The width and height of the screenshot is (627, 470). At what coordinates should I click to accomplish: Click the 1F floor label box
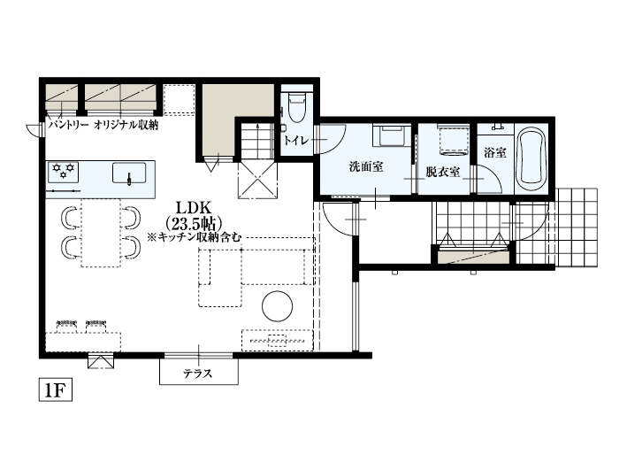[54, 389]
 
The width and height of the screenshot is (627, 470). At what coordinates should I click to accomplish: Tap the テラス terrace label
[197, 374]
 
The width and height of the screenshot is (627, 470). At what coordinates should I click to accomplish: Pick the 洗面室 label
[365, 166]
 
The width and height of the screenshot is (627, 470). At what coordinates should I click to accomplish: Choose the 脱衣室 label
[442, 171]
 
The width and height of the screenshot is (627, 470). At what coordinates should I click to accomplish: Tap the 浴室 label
[495, 152]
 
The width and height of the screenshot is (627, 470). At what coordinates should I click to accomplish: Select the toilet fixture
[295, 107]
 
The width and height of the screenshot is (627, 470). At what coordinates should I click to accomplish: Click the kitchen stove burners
[64, 169]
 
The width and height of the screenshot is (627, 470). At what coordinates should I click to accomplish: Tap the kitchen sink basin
[130, 172]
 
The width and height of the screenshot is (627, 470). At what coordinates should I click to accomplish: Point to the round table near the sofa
[278, 305]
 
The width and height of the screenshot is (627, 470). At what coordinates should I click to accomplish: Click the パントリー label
[67, 127]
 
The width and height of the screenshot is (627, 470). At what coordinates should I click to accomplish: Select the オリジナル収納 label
[126, 127]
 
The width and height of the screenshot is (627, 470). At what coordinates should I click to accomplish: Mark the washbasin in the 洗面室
[391, 138]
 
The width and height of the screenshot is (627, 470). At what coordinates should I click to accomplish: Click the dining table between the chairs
[100, 232]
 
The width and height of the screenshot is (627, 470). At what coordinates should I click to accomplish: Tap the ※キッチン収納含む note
[194, 237]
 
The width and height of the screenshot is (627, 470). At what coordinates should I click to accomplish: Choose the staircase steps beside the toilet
[257, 139]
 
